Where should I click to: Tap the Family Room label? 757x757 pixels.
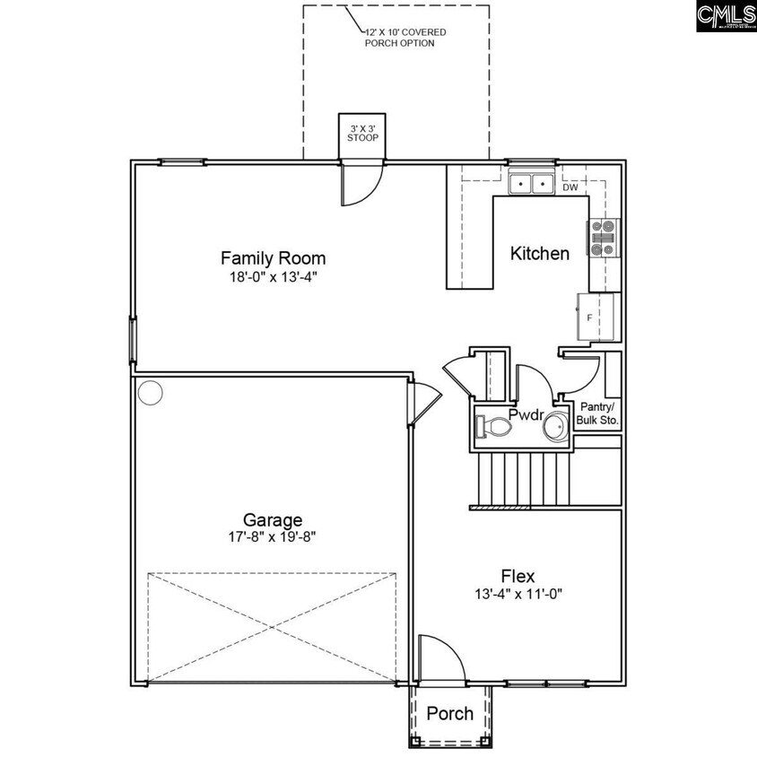[x=273, y=258]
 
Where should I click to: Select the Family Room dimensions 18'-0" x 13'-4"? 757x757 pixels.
[x=273, y=277]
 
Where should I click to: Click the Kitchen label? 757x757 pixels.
[x=539, y=253]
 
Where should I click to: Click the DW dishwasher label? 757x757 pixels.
[x=570, y=188]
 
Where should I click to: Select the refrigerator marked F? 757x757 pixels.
[x=598, y=318]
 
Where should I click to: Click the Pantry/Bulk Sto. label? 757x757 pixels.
[x=597, y=413]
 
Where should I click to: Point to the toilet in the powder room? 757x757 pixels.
[x=494, y=428]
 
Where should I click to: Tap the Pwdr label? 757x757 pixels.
[x=526, y=415]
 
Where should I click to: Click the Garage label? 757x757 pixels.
[x=273, y=520]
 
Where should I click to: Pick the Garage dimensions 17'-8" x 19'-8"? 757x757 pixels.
[x=273, y=538]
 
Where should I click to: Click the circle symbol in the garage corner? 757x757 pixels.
[x=150, y=393]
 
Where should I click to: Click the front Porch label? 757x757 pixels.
[x=449, y=714]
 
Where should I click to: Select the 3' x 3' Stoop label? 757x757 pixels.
[x=362, y=133]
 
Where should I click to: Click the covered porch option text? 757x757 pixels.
[x=405, y=38]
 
